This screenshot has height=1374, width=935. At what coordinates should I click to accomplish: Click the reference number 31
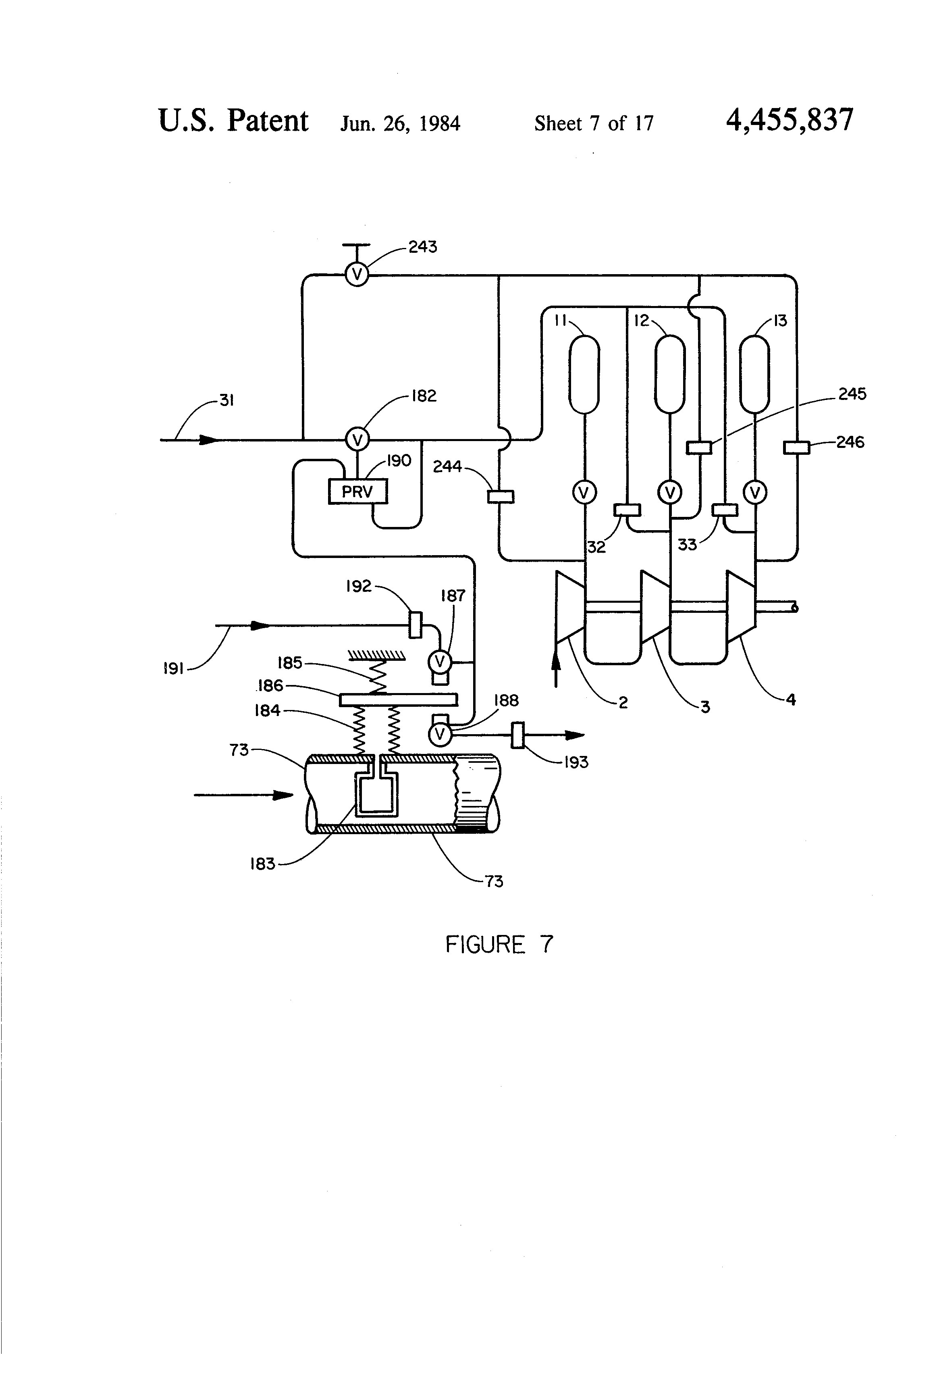click(227, 401)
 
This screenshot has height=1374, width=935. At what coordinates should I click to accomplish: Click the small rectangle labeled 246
click(796, 448)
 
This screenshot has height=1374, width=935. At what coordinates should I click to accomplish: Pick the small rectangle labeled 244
click(501, 497)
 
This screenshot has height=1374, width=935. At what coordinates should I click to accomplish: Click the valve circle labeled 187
click(440, 661)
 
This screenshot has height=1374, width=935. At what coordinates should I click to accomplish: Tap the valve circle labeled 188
click(440, 734)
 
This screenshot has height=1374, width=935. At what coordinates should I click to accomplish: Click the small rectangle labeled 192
click(416, 625)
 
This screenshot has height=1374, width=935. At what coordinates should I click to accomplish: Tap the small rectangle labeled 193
click(518, 735)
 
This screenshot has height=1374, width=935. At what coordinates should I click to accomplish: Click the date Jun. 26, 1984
click(400, 123)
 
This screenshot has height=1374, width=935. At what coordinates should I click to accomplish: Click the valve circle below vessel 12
click(670, 492)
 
